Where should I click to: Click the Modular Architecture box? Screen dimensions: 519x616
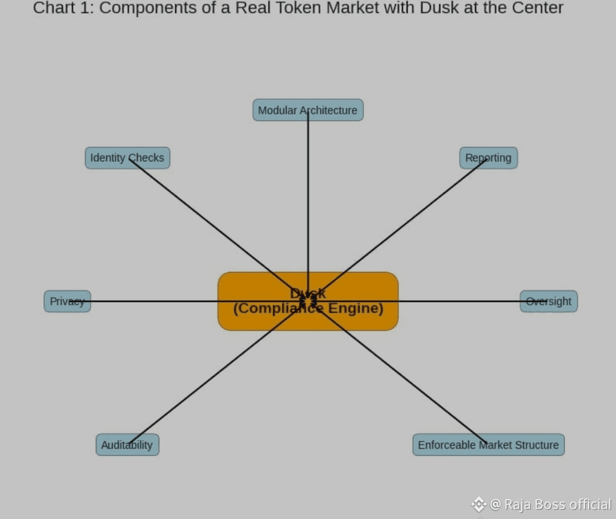308,110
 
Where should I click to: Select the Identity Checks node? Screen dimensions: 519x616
127,158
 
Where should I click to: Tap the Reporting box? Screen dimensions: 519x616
488,158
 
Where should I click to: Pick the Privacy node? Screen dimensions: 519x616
67,301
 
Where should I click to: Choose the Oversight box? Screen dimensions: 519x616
548,301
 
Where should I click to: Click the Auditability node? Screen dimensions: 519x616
127,445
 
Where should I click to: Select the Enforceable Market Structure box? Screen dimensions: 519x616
488,445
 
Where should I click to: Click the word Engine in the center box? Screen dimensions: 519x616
361,308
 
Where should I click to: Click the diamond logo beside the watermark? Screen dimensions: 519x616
478,505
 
